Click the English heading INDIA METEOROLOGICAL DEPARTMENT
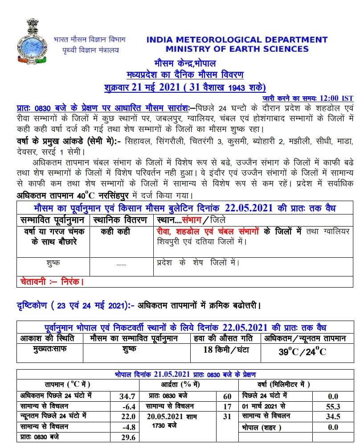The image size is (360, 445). [237, 40]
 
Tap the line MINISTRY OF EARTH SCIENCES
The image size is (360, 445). [237, 49]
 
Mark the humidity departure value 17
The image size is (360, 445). [227, 406]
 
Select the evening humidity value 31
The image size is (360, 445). [227, 416]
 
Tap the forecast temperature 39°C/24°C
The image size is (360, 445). [303, 352]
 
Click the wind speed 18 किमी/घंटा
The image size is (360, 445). [225, 350]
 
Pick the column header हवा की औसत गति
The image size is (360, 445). [225, 338]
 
